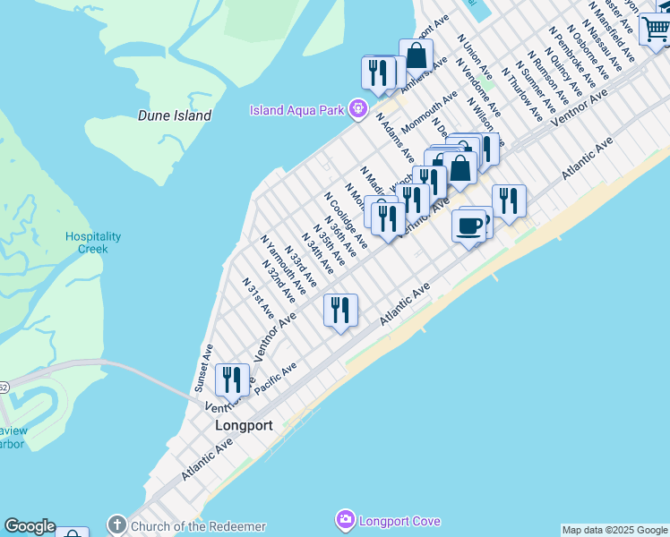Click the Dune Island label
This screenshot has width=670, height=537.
175,115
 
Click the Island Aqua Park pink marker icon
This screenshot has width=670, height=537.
357,109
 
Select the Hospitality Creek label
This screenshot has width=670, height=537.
92,243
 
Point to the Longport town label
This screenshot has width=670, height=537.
244,426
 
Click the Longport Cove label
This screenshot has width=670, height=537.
400,520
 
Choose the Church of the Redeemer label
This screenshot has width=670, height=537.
198,525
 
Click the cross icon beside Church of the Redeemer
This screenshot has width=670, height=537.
116,524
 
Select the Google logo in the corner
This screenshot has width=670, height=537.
30,527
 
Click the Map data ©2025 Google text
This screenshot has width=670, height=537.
614,530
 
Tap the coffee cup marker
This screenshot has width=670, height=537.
469,225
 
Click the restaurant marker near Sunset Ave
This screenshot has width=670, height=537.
232,379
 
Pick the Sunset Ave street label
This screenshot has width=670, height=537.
203,368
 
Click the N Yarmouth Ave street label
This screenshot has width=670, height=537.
282,266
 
